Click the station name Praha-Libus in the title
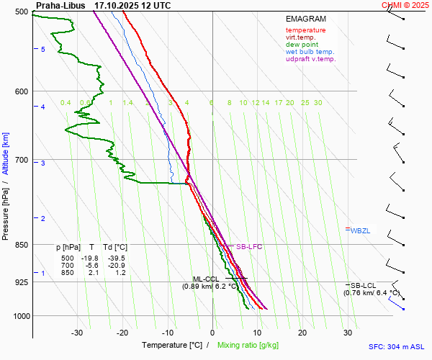pyautogui.click(x=60, y=5)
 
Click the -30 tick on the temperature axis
pyautogui.click(x=77, y=333)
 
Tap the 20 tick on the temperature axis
pyautogui.click(x=302, y=333)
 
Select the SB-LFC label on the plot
pyautogui.click(x=249, y=247)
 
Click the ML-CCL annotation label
pyautogui.click(x=205, y=279)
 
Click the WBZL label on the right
pyautogui.click(x=360, y=230)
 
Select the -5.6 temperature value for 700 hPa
pyautogui.click(x=91, y=266)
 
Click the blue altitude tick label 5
pyautogui.click(x=43, y=49)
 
